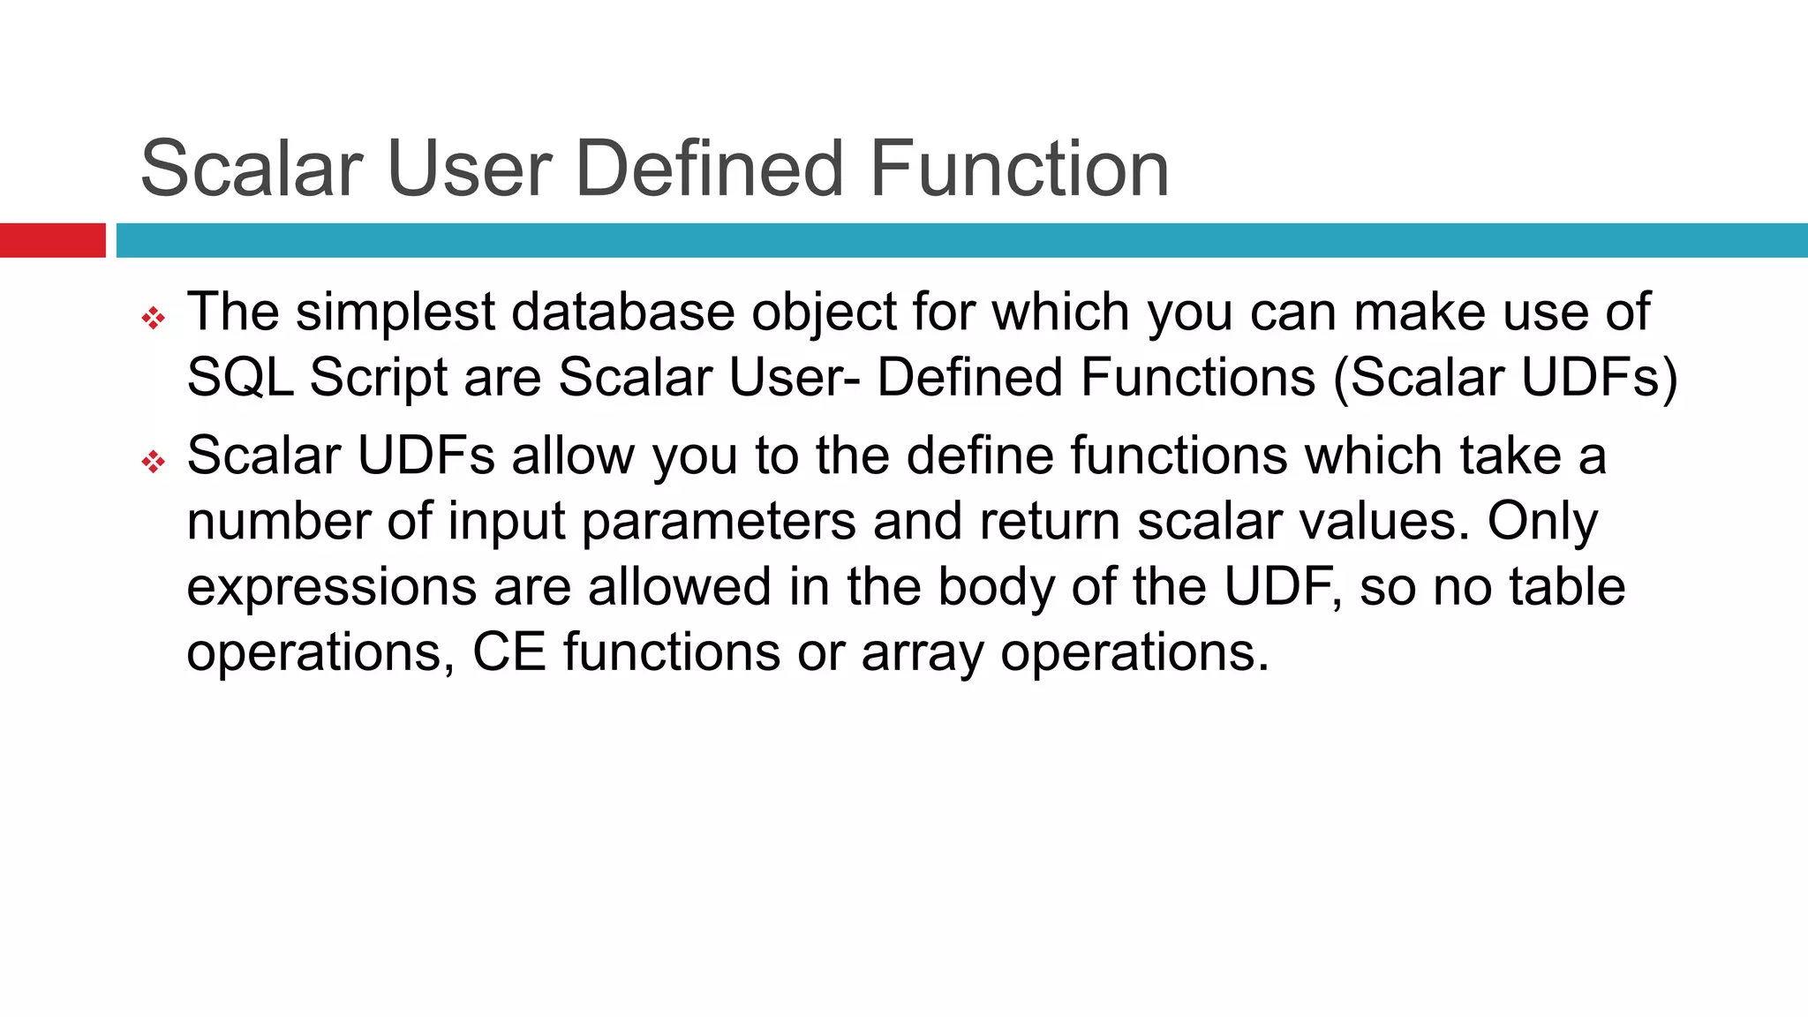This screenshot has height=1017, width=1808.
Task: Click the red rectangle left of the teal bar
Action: point(52,240)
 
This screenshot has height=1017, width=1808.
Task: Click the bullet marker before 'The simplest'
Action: point(154,318)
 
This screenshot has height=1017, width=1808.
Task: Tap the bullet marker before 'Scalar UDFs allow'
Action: point(154,461)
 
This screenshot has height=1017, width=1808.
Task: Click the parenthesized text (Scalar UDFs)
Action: point(1504,377)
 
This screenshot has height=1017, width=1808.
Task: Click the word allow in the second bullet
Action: point(572,456)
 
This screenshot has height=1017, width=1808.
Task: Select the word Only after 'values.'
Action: point(1542,521)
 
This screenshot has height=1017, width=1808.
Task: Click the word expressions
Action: point(331,587)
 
